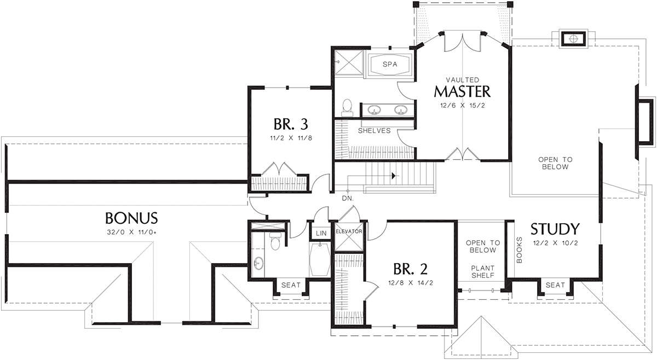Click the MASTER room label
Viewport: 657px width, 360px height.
(462, 92)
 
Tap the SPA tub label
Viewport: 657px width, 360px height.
(390, 64)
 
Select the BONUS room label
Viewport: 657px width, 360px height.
(131, 218)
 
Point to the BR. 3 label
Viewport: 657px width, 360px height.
(291, 124)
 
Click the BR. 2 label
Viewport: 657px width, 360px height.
(410, 269)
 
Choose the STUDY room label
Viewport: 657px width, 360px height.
(555, 229)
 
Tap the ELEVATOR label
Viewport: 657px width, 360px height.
(349, 231)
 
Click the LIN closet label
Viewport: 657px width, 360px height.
(321, 234)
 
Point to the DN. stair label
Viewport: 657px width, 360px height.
(348, 199)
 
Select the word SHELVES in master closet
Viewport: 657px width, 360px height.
(374, 131)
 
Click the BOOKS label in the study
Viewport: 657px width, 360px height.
(519, 250)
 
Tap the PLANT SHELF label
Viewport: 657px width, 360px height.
(483, 272)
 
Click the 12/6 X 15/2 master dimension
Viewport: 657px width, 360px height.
(463, 106)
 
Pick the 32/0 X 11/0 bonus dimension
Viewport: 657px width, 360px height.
(132, 233)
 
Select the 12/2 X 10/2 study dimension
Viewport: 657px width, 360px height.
(555, 243)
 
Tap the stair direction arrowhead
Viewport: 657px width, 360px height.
(393, 176)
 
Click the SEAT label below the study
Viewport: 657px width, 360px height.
(555, 285)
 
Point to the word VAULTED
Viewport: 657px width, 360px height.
(463, 80)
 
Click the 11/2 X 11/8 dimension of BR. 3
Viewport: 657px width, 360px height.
(291, 138)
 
